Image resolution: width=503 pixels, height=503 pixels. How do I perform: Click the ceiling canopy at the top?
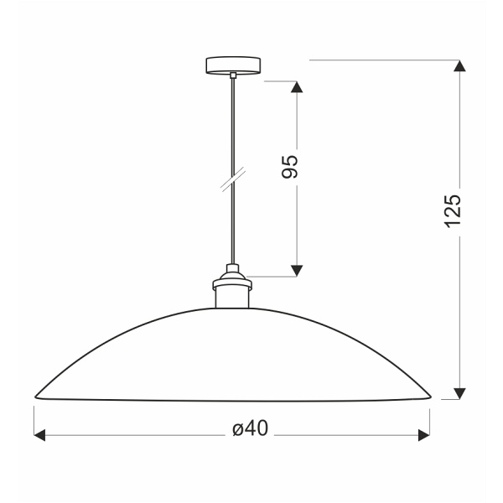pos(232,65)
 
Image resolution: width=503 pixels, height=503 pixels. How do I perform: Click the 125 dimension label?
pos(453,211)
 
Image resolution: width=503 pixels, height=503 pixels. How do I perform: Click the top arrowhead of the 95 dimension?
pos(295,87)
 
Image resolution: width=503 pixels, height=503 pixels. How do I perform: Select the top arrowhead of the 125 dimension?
pos(459,67)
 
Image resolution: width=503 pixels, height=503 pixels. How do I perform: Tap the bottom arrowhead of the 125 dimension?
pos(459,392)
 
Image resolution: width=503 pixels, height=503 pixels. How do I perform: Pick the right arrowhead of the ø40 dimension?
pos(423,435)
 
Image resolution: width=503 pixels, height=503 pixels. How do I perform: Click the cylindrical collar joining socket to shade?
pos(232,294)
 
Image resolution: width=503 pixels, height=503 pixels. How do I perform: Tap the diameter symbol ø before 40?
pos(236,430)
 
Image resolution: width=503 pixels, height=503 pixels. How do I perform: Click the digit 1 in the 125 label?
pos(453,224)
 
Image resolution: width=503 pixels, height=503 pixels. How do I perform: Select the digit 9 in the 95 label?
pos(290,173)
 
